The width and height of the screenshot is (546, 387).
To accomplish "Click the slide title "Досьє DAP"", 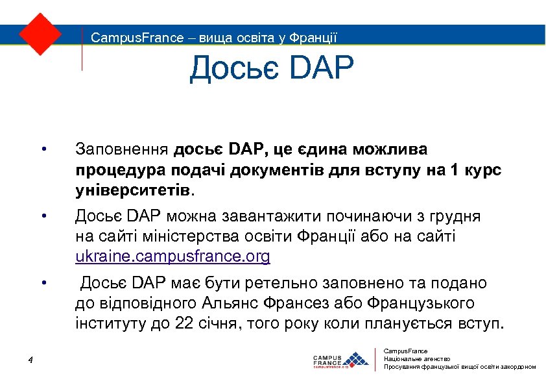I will tap(272, 69).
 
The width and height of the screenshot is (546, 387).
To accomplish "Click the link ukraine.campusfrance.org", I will tap(172, 256).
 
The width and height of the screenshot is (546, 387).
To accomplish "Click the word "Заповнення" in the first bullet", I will tap(122, 150).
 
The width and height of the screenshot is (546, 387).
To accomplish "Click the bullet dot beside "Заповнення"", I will tap(43, 151).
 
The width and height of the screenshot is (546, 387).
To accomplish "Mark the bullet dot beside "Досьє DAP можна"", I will tap(43, 216).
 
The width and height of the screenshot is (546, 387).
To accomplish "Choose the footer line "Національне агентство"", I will tap(417, 359).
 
